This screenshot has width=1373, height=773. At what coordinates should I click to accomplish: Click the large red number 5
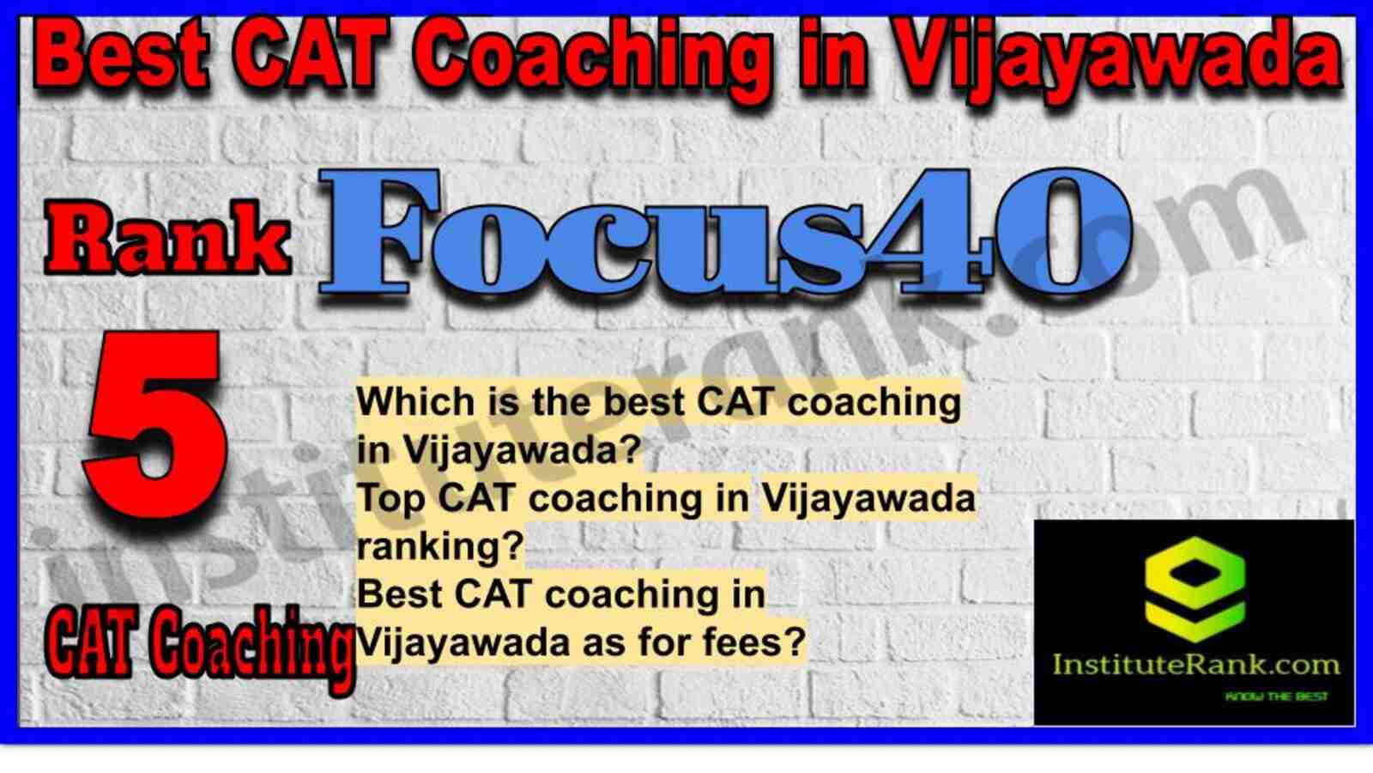155,424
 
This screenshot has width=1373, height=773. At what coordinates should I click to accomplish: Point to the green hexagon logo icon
1195,589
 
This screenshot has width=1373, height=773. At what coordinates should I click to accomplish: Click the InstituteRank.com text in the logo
1196,665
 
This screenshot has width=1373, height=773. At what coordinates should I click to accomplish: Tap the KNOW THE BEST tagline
1276,697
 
